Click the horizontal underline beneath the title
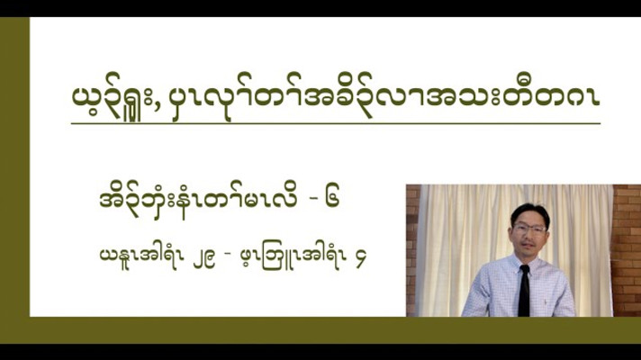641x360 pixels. [336, 123]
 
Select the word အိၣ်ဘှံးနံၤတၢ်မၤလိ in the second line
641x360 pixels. [198, 200]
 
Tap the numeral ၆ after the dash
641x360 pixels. [333, 199]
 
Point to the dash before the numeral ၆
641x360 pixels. [312, 200]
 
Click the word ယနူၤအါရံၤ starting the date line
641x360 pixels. [139, 257]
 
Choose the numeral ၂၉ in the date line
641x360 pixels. [203, 259]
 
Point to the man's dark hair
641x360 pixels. [529, 214]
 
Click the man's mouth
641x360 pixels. [528, 246]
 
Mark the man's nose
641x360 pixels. [528, 237]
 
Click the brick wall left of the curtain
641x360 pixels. [412, 250]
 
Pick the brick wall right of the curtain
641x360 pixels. [627, 250]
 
